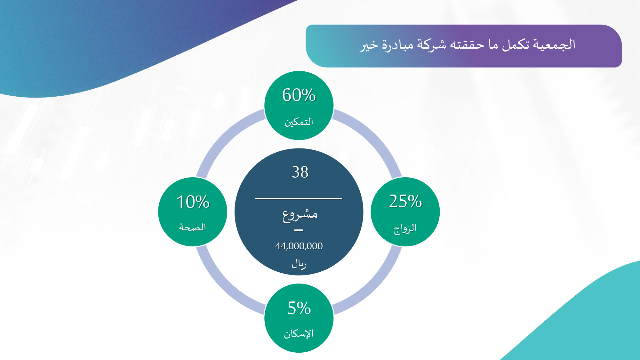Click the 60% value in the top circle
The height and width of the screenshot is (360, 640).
click(x=299, y=95)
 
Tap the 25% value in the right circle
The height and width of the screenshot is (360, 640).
click(x=405, y=201)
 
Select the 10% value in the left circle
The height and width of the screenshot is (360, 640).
click(x=193, y=202)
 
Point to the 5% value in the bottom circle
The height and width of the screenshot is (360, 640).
click(x=299, y=308)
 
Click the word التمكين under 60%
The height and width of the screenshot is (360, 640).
click(x=299, y=122)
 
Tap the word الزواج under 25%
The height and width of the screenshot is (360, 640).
click(x=405, y=228)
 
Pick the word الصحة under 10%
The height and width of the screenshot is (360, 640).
click(x=192, y=227)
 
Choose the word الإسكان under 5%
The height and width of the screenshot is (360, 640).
click(x=299, y=333)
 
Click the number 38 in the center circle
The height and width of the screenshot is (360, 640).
click(x=300, y=172)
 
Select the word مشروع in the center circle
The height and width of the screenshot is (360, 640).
click(x=300, y=215)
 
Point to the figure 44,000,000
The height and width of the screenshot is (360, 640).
click(x=299, y=246)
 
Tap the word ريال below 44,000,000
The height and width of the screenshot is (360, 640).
click(x=299, y=264)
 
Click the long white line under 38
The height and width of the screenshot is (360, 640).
click(x=299, y=198)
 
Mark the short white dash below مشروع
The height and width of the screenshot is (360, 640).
click(x=299, y=230)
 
